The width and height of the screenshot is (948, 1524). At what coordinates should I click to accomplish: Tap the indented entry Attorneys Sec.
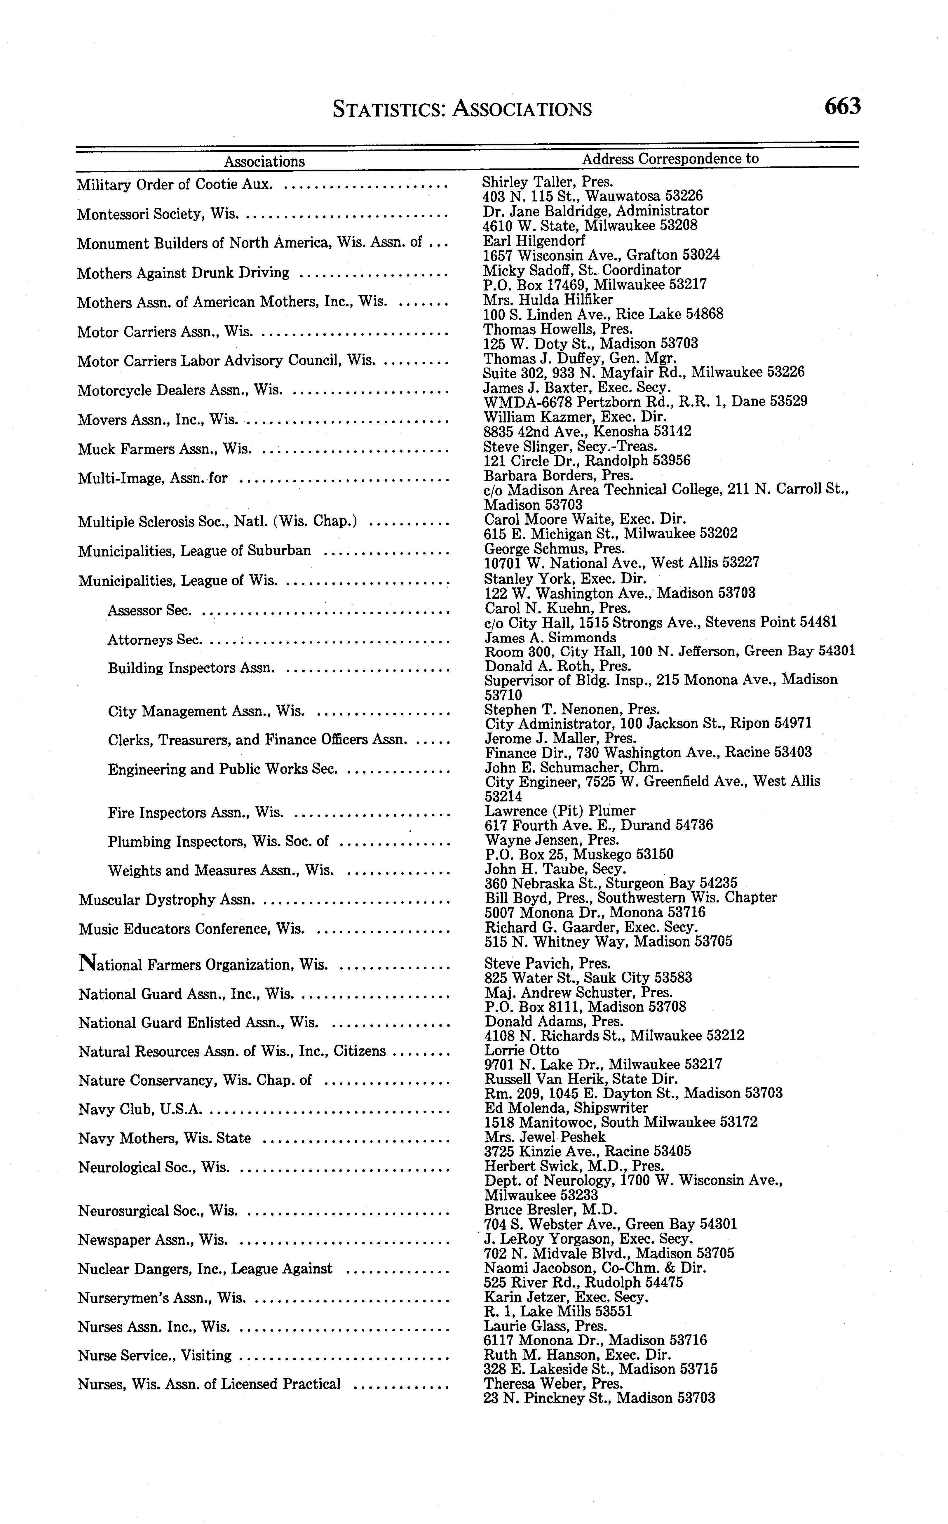[154, 640]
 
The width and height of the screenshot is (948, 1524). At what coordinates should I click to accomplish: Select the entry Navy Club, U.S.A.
[140, 1109]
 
